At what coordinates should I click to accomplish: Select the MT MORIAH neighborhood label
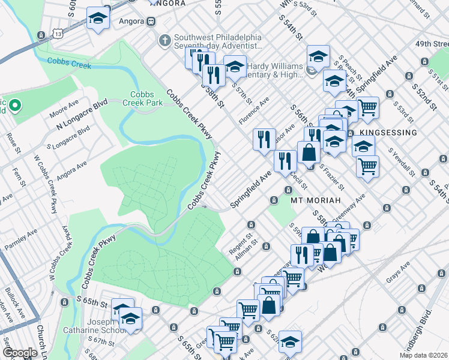click(x=316, y=199)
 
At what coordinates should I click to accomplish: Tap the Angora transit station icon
click(x=150, y=21)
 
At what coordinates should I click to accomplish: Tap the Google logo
click(x=20, y=353)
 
